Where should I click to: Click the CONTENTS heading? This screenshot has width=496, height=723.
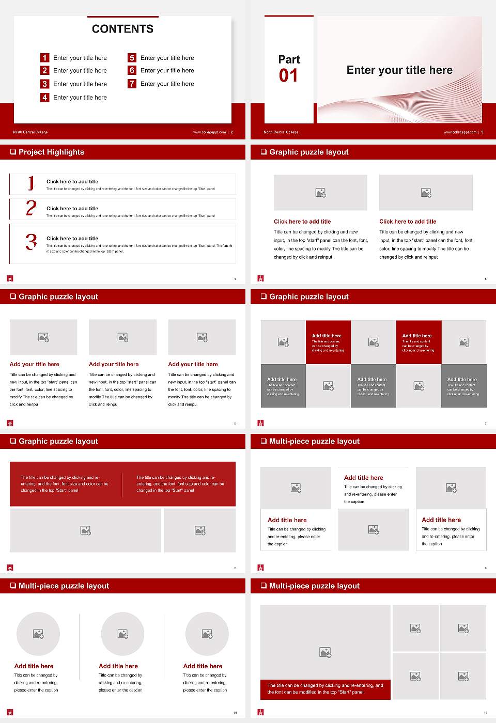point(122,29)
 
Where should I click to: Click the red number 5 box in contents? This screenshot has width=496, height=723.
point(132,58)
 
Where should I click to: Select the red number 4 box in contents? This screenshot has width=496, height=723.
point(45,97)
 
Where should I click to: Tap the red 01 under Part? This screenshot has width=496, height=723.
point(288,76)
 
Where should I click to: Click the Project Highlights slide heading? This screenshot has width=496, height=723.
point(51,152)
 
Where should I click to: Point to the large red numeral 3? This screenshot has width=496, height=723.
point(31,242)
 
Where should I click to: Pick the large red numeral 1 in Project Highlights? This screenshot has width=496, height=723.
point(31,183)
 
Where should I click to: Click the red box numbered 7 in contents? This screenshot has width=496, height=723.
point(132,84)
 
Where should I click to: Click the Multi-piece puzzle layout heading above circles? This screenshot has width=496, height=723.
point(64,586)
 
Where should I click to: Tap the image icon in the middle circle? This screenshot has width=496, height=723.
point(122,634)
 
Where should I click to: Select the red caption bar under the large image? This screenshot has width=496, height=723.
point(326,689)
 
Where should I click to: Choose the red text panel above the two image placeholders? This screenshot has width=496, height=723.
point(122,484)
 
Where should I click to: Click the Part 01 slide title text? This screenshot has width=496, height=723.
point(399,70)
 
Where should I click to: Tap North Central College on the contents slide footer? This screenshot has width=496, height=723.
point(30,132)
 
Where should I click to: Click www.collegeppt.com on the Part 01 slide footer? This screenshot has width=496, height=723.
point(460,132)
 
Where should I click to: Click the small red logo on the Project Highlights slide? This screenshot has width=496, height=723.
point(10,278)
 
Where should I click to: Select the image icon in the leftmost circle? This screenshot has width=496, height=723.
point(38,634)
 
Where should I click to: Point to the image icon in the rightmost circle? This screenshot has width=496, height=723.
point(207,634)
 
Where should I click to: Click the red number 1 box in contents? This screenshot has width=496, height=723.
point(45,58)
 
